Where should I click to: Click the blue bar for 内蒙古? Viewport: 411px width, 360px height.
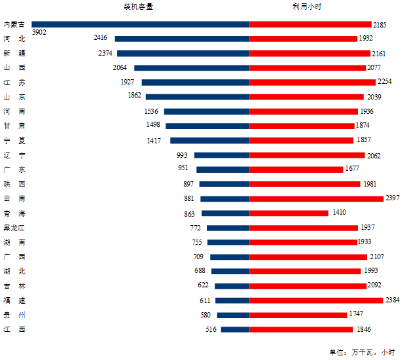coord(141,24)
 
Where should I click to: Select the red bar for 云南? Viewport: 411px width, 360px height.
coord(316,198)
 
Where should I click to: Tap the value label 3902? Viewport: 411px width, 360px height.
coord(39,32)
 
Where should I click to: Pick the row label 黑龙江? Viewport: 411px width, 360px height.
coord(14,228)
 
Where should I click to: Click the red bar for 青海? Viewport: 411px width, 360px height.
coord(289,213)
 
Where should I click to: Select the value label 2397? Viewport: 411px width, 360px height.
coord(393,198)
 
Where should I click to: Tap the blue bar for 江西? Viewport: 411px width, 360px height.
coord(235,329)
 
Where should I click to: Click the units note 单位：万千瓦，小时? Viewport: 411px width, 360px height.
coord(362,352)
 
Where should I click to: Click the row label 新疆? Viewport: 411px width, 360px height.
coord(14,53)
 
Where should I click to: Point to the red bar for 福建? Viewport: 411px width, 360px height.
coord(316,300)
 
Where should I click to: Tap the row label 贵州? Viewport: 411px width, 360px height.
coord(14,315)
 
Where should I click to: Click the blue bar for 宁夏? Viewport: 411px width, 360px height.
coord(209,140)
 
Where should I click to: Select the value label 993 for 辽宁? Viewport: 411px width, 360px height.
coord(182,155)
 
